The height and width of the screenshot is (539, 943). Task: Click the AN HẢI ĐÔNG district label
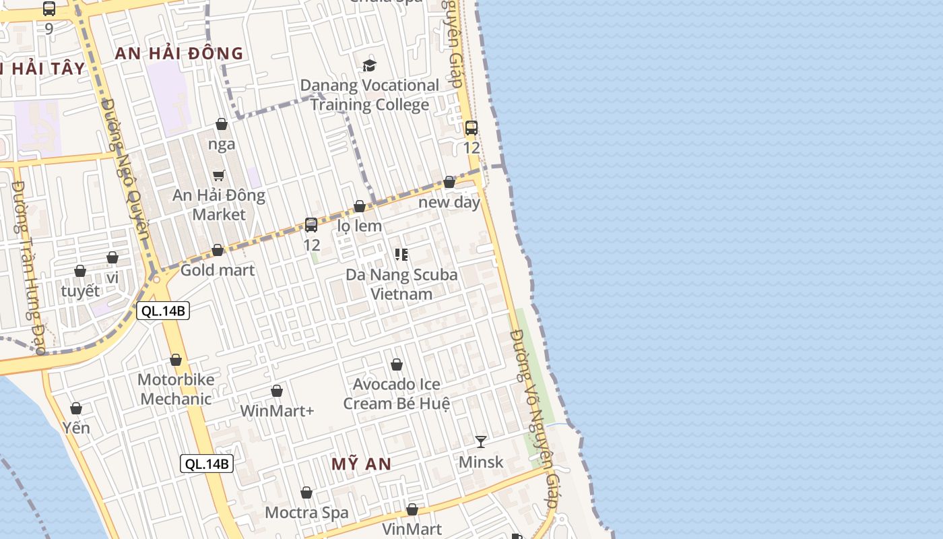click(178, 53)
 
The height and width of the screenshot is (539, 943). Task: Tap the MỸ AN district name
click(361, 464)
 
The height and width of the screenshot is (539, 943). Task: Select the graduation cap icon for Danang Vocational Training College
click(369, 65)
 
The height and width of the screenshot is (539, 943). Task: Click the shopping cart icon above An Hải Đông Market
click(219, 175)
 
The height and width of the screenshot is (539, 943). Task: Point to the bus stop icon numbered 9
click(49, 9)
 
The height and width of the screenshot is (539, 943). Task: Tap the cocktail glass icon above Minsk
click(481, 441)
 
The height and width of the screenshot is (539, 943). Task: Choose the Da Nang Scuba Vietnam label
click(401, 284)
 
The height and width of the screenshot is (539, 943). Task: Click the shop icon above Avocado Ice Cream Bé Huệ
click(397, 364)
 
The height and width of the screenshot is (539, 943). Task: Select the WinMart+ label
click(277, 410)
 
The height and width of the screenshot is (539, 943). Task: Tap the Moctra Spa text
click(306, 513)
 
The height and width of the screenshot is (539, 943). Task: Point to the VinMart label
click(412, 528)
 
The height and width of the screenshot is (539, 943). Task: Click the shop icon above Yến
click(76, 408)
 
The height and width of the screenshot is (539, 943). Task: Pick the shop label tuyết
click(80, 291)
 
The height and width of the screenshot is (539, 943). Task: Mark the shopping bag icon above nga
click(222, 124)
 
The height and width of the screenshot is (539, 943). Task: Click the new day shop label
click(449, 202)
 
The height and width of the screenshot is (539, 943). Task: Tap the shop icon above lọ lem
click(360, 206)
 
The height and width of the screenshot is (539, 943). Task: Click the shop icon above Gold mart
click(218, 251)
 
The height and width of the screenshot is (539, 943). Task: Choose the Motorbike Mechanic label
click(176, 389)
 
